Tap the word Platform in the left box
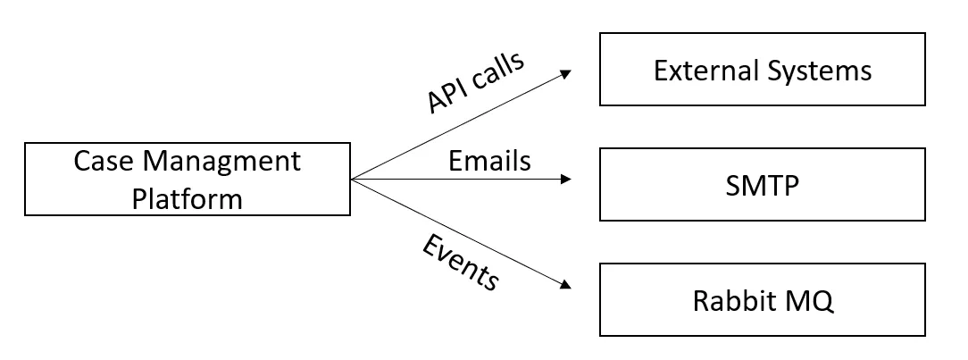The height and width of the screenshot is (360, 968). (187, 198)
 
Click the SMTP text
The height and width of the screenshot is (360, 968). (762, 186)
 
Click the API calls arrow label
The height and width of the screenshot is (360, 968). (476, 83)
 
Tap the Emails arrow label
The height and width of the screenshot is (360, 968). (489, 161)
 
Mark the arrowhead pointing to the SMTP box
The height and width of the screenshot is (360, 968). (565, 180)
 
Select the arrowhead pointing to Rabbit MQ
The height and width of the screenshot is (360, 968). (564, 284)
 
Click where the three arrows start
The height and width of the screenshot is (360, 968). (352, 180)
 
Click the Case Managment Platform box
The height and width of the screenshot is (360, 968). (187, 180)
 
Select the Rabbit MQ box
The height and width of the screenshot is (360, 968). (762, 300)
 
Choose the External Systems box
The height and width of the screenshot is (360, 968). (762, 71)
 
